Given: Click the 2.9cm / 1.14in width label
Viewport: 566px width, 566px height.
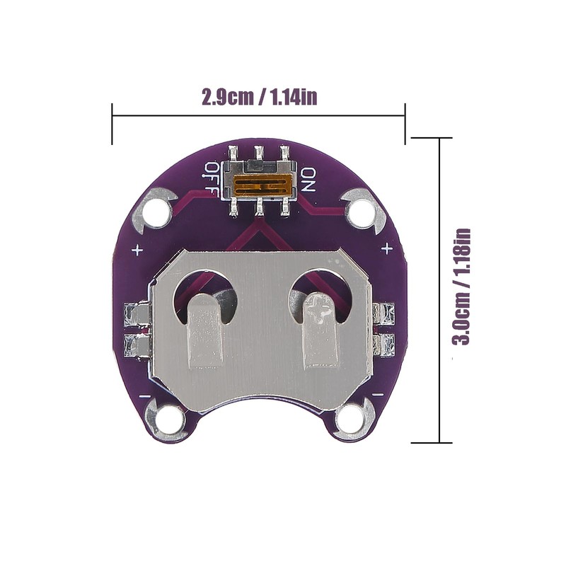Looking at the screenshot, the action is coord(259,97).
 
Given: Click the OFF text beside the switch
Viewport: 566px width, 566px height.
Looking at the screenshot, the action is coord(211,179).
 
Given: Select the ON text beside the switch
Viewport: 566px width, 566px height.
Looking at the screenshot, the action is coord(308,180).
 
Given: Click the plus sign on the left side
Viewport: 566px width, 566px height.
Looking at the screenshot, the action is coord(137,250).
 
